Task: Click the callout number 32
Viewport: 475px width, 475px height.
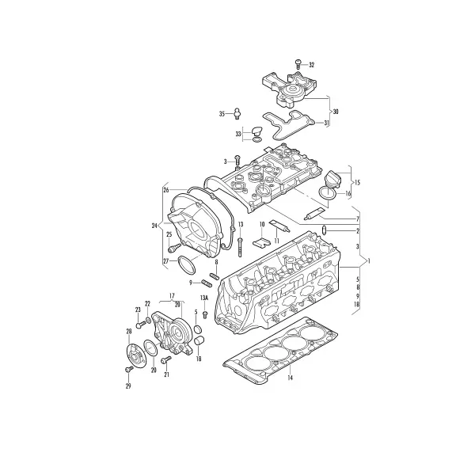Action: click(311, 65)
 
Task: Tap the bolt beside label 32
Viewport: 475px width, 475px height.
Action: click(298, 64)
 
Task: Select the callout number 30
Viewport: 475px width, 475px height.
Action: click(336, 112)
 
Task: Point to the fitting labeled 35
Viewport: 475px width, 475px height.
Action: click(237, 113)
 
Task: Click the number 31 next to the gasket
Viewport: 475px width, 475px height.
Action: click(326, 123)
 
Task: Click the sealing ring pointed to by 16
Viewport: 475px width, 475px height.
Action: click(327, 193)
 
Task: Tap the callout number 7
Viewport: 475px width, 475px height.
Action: click(358, 218)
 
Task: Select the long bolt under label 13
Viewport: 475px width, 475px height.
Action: click(240, 247)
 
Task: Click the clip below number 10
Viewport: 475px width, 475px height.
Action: click(261, 241)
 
